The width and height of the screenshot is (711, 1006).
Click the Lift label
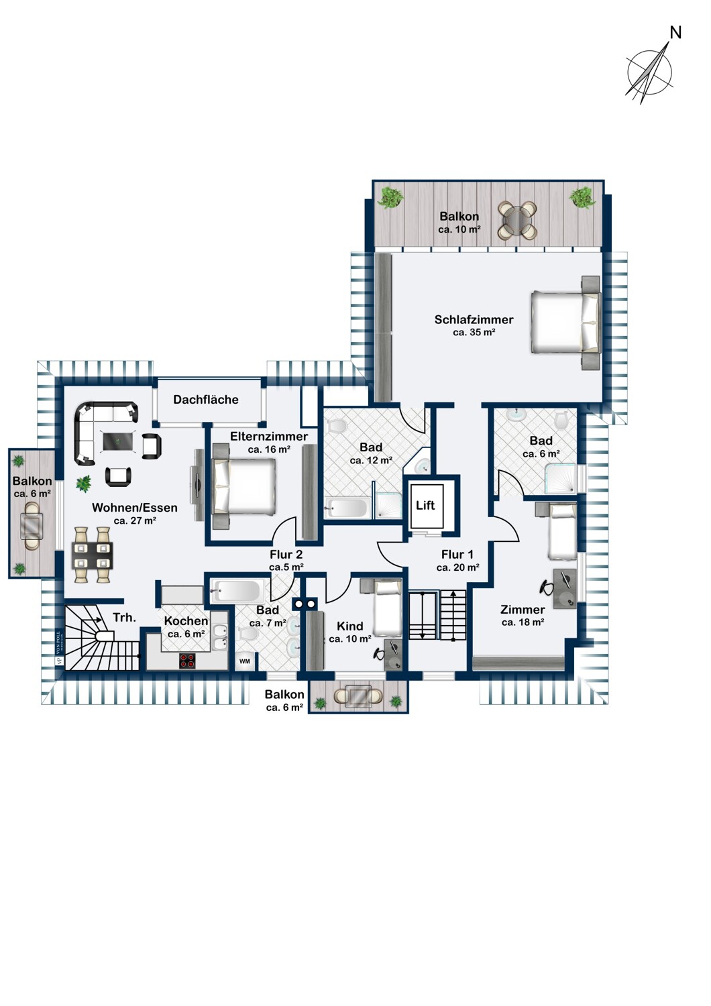click(x=425, y=505)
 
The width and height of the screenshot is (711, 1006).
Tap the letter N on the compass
click(x=675, y=33)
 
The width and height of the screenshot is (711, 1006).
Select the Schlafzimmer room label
click(x=474, y=320)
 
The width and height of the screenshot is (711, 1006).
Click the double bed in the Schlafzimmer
click(x=566, y=322)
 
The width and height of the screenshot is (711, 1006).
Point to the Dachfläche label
click(x=206, y=399)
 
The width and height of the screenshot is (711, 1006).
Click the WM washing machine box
click(x=245, y=661)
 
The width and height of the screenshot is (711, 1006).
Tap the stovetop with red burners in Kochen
click(x=188, y=661)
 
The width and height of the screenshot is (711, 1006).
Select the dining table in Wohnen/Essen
click(x=92, y=556)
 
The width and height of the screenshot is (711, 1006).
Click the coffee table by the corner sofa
click(x=117, y=441)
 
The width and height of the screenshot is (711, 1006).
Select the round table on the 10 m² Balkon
click(x=517, y=220)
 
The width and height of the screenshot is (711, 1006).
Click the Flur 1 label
click(x=457, y=555)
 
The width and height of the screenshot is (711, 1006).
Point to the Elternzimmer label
click(x=269, y=436)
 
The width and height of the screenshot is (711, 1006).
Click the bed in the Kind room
click(x=386, y=607)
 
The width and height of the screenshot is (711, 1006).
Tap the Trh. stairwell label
click(x=124, y=618)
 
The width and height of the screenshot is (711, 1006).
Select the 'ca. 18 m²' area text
click(x=523, y=622)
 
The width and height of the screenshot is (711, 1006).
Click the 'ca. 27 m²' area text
click(x=135, y=520)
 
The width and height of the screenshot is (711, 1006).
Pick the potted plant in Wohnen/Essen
click(x=84, y=485)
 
